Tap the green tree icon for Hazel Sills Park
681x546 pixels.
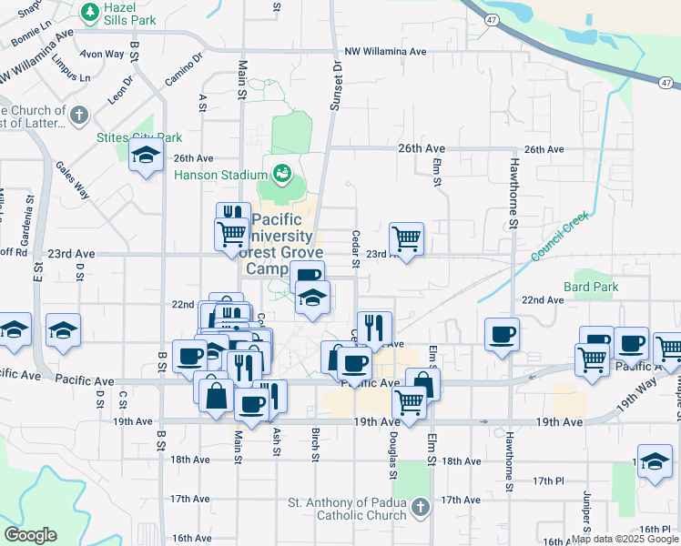click(x=89, y=13)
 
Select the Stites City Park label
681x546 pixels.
click(x=139, y=137)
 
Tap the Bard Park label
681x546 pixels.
click(x=591, y=287)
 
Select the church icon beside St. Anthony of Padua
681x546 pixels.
click(x=419, y=505)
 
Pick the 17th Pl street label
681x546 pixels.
click(x=549, y=480)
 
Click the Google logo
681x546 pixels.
click(x=30, y=535)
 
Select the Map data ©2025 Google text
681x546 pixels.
click(x=624, y=539)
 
